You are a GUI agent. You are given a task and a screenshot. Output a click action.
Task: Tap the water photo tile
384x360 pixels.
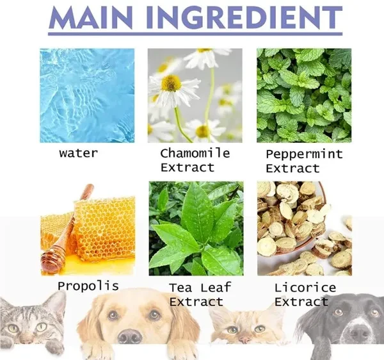click(87, 95)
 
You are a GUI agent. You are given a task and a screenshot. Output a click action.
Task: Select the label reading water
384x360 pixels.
click(78, 153)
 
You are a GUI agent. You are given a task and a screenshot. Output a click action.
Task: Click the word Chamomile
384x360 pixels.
click(195, 153)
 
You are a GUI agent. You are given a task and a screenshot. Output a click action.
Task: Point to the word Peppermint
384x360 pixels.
click(304, 154)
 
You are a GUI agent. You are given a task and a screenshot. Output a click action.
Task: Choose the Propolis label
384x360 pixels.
click(88, 286)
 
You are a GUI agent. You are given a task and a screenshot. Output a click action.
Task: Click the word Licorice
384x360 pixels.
click(305, 288)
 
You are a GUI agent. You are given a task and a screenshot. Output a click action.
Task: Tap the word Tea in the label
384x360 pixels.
click(180, 288)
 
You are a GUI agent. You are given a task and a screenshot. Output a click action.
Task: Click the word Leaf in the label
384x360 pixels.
click(216, 288)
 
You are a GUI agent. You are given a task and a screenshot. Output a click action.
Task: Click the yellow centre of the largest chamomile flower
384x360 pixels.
click(171, 83)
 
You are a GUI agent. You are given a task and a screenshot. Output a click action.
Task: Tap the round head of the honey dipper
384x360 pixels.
click(52, 260)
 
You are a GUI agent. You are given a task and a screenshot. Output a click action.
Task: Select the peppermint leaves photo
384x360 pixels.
click(304, 95)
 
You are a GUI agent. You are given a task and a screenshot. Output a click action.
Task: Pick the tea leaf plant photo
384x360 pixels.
click(196, 229)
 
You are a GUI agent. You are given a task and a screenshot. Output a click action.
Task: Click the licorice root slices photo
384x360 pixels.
click(305, 229)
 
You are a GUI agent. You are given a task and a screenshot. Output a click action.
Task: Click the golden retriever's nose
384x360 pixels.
click(130, 336)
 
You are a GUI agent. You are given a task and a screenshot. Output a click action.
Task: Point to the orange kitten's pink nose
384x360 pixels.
click(244, 340)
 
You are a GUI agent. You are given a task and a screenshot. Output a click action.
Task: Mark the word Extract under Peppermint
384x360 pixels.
click(293, 168)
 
